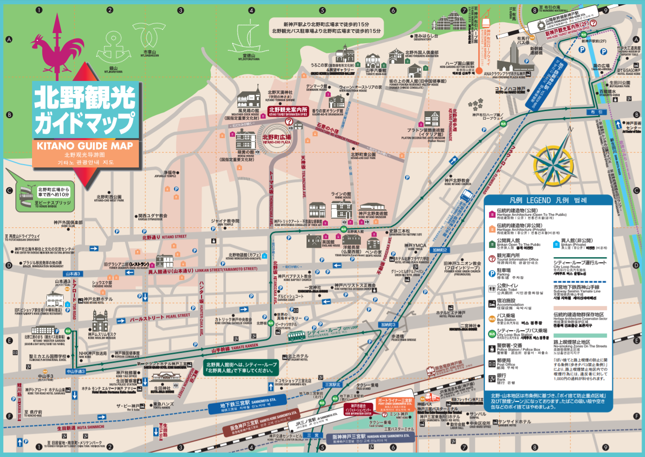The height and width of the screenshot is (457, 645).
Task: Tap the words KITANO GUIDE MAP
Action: click(x=85, y=146)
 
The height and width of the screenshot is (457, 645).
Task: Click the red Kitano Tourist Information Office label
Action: click(x=288, y=111)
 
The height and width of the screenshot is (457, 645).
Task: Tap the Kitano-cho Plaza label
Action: click(x=277, y=139)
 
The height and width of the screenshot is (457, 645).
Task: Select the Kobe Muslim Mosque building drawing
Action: click(x=100, y=321)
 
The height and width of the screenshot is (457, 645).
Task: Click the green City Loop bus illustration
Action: click(x=296, y=335)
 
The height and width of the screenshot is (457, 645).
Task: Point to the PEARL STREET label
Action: click(x=160, y=318)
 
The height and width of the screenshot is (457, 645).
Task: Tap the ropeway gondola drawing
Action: click(x=486, y=21)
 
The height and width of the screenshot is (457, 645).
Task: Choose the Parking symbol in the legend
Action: click(x=492, y=273)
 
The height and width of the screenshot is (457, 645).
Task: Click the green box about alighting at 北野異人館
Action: click(x=241, y=367)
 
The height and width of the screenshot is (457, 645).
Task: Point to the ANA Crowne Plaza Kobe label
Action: click(x=504, y=74)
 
